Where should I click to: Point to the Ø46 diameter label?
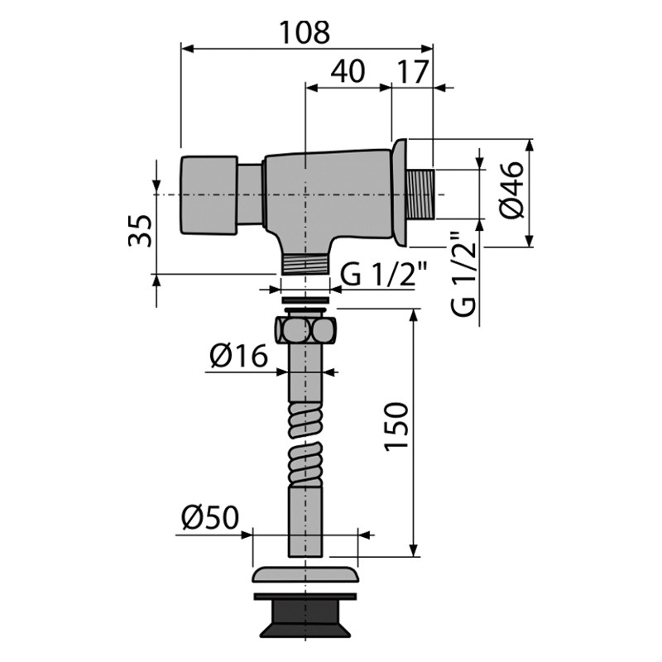(x=512, y=190)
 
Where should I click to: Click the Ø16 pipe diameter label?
(x=238, y=357)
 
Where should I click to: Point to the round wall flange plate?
(x=400, y=194)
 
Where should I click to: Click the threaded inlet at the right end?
(x=421, y=194)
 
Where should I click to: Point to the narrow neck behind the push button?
(x=251, y=195)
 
